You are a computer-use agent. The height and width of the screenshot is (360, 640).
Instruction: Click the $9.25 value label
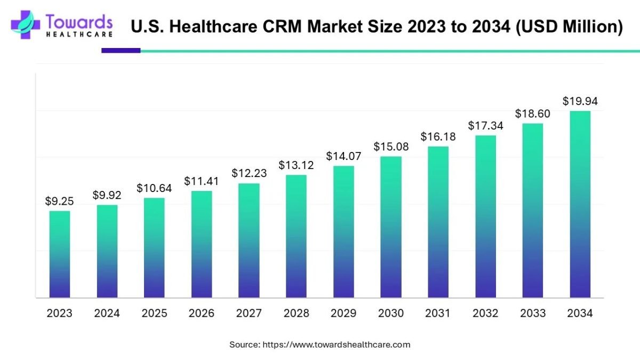pyautogui.click(x=59, y=201)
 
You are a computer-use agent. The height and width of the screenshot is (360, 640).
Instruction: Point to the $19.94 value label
pyautogui.click(x=580, y=101)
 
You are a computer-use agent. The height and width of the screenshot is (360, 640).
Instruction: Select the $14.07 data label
pyautogui.click(x=343, y=156)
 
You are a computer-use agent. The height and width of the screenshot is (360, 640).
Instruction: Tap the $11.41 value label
pyautogui.click(x=202, y=181)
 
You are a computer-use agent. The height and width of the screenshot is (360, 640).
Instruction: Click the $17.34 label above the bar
pyautogui.click(x=485, y=126)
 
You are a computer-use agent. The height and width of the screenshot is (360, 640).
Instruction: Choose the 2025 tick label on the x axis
pyautogui.click(x=154, y=314)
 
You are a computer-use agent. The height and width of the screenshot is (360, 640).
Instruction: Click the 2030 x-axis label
pyautogui.click(x=391, y=314)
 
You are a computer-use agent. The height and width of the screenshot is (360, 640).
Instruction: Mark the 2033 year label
pyautogui.click(x=532, y=314)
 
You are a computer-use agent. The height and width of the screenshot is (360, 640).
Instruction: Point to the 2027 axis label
pyautogui.click(x=249, y=314)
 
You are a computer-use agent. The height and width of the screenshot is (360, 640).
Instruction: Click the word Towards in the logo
pyautogui.click(x=79, y=22)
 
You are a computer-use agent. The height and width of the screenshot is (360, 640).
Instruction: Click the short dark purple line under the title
pyautogui.click(x=121, y=51)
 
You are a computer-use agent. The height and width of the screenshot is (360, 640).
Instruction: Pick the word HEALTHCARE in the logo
pyautogui.click(x=79, y=34)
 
